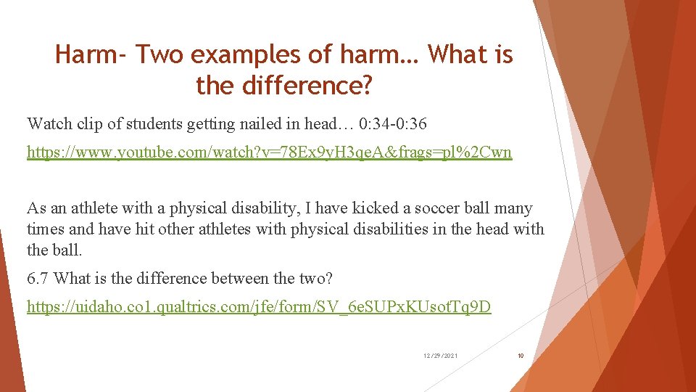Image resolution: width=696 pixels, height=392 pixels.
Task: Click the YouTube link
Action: click(269, 152)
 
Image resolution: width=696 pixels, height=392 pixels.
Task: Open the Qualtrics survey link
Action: click(259, 307)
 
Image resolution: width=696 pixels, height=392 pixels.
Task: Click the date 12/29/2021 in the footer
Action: click(440, 356)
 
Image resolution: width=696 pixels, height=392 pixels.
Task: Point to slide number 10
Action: click(521, 356)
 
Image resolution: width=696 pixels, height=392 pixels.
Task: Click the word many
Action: click(513, 209)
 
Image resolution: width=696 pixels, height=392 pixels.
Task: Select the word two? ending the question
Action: click(318, 278)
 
